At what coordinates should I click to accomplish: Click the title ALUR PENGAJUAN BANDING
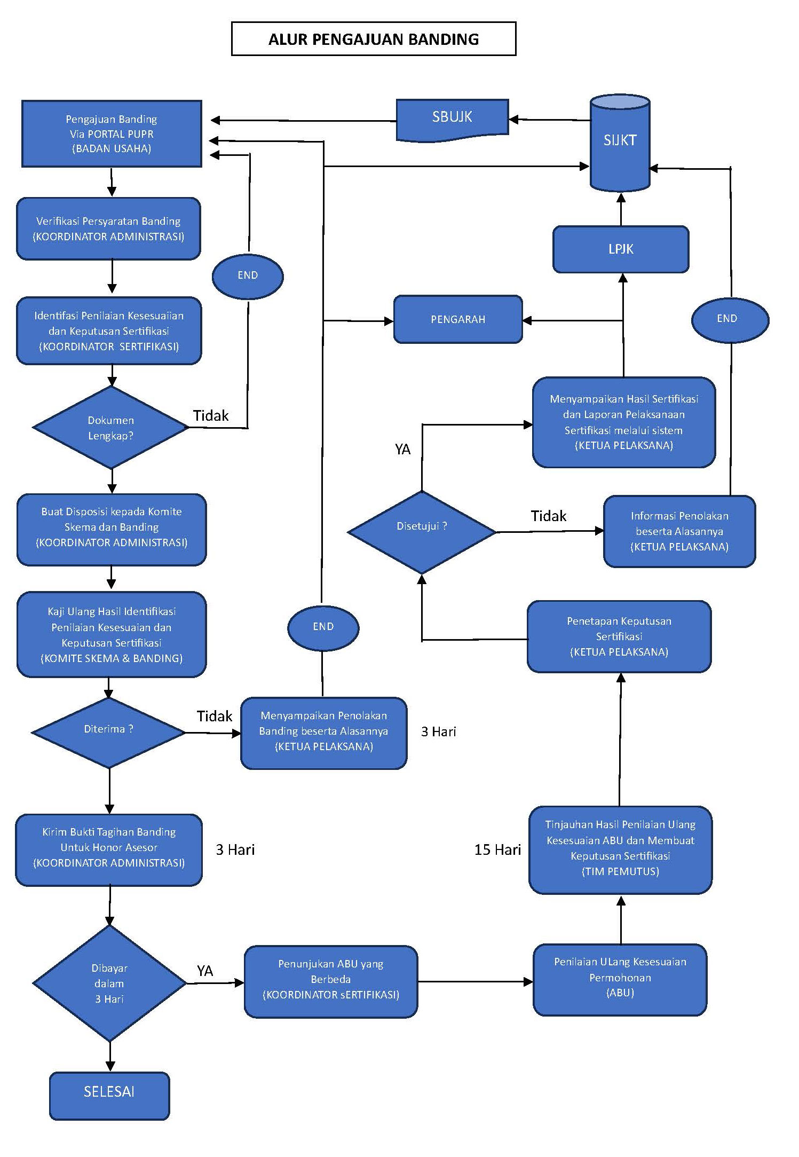point(374,39)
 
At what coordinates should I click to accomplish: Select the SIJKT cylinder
point(620,141)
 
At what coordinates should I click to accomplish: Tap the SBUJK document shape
point(452,119)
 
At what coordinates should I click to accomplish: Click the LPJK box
point(621,249)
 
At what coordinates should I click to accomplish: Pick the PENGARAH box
point(458,319)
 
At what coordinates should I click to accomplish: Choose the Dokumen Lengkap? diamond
point(110,428)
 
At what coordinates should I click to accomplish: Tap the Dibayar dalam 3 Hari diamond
point(109,983)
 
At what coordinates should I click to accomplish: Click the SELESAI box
point(109,1092)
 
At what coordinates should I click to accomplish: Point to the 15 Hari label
point(497,850)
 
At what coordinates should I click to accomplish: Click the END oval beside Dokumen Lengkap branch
point(248,276)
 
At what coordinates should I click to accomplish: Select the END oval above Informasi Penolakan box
point(730,319)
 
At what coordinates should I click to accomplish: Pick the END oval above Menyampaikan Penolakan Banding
point(323,627)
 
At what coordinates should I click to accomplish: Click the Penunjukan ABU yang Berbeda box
point(331,980)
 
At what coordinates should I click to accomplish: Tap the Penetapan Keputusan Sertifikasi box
point(619,636)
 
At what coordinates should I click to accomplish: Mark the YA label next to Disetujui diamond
point(403,450)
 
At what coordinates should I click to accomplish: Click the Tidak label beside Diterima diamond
point(215,716)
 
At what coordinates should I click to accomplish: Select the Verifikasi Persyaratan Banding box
point(109,229)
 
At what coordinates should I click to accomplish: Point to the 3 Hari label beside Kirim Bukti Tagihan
point(235,850)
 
